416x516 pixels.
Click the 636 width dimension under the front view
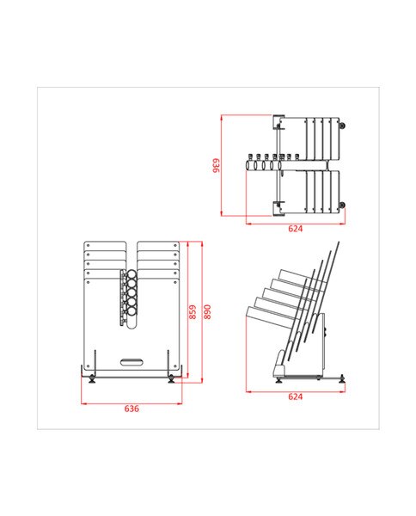pos(132,408)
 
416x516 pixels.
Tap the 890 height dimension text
pos(206,311)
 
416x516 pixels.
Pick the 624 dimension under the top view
pos(295,230)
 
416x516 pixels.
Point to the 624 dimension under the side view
pos(295,396)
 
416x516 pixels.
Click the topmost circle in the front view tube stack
pos(132,277)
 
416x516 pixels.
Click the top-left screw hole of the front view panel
pos(89,246)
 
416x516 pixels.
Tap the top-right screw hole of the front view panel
pos(177,246)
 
